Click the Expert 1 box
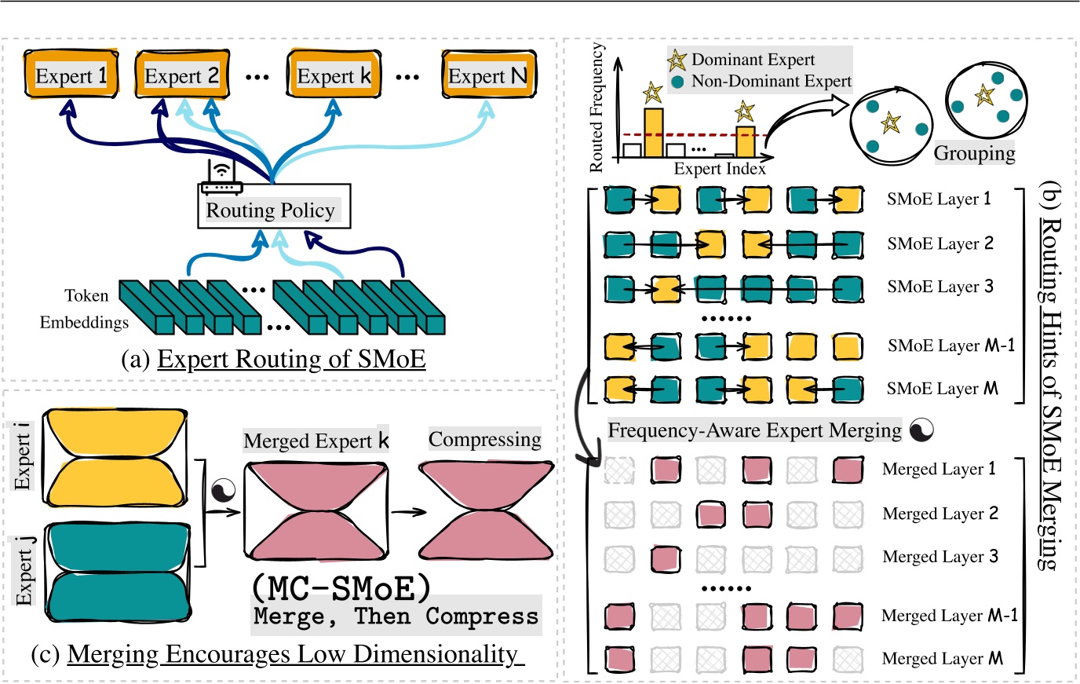click(x=71, y=75)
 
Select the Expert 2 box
click(x=182, y=75)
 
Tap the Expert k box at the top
click(x=334, y=75)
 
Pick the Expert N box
click(x=488, y=75)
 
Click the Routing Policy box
click(x=270, y=210)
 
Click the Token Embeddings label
click(x=85, y=309)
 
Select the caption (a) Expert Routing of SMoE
click(x=274, y=359)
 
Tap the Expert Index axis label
click(x=719, y=168)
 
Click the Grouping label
click(x=974, y=153)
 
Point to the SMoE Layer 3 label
click(x=940, y=287)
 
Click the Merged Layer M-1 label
click(x=949, y=616)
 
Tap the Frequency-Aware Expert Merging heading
click(x=754, y=430)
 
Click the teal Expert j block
click(x=119, y=572)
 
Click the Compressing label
click(x=484, y=439)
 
